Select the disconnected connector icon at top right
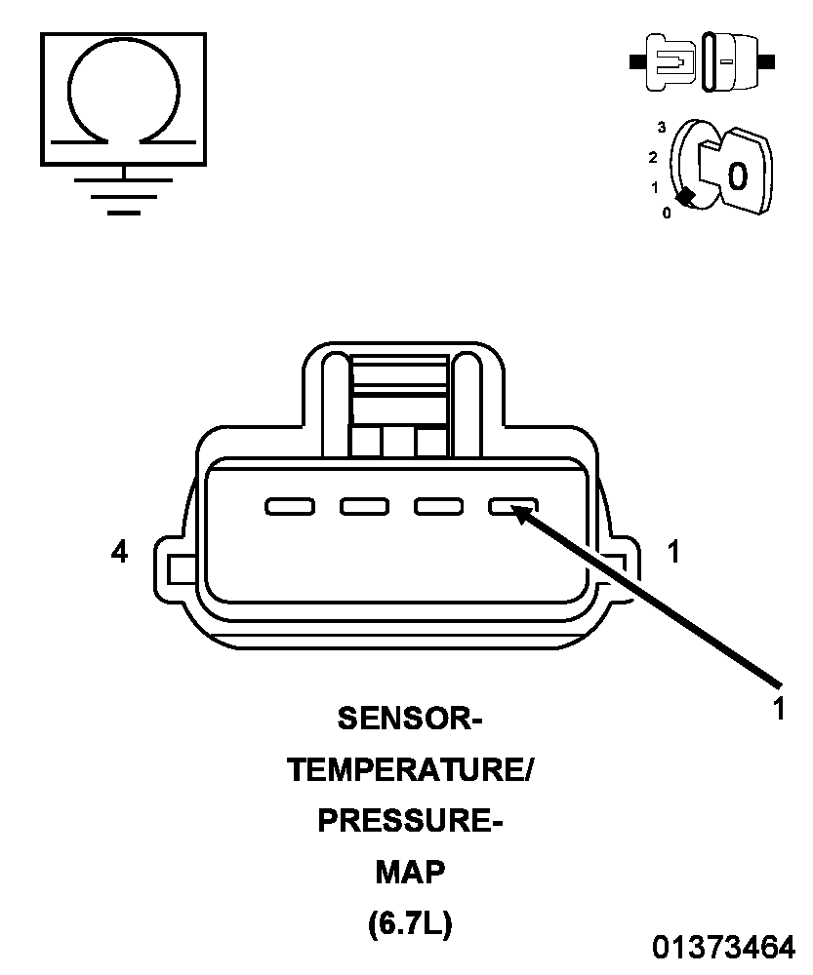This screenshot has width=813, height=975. point(702,61)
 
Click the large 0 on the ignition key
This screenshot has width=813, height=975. point(737,175)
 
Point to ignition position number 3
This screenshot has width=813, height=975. point(662,128)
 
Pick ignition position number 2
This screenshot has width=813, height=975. point(652,157)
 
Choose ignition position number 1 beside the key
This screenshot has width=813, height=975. point(654,186)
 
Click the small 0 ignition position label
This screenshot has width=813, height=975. point(667,213)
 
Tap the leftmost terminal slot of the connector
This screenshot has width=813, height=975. point(290,506)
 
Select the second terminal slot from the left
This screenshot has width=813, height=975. point(364,506)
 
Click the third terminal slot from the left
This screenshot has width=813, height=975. point(439,506)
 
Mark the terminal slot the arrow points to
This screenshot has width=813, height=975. point(513,506)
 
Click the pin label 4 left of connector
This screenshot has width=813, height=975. point(119,552)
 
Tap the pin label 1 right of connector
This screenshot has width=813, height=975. point(672,552)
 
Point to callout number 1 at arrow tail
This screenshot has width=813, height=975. point(778,708)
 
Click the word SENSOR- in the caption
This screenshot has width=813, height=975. point(410,719)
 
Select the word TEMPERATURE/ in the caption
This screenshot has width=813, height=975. point(410,770)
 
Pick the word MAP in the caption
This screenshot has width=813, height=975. point(410,872)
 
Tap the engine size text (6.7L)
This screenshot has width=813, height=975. point(410,923)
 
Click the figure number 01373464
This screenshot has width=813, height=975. point(723,947)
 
